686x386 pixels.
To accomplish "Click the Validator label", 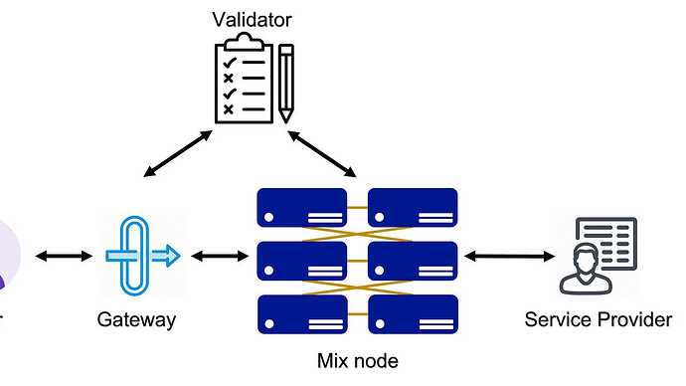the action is [252, 20].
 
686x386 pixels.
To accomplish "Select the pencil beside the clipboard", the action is [286, 83].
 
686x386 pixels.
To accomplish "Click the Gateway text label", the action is [136, 319].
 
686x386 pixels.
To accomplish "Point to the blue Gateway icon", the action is [142, 256].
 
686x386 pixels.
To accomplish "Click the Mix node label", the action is [358, 361].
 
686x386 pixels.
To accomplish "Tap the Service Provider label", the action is [599, 319].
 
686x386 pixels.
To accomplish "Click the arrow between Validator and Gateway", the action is [178, 153].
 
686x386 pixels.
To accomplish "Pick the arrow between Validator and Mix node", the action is [322, 153].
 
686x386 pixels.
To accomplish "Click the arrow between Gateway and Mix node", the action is [220, 256].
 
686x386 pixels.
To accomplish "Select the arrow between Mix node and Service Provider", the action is [509, 256].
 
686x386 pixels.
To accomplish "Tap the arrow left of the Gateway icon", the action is [64, 256].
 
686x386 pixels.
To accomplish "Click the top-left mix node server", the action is [302, 208].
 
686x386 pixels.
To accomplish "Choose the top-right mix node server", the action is [413, 208].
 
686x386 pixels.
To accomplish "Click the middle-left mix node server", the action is [302, 262].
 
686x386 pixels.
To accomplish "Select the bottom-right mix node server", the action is [413, 314].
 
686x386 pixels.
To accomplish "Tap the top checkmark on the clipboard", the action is [230, 63].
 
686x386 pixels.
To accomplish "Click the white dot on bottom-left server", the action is [269, 324].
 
